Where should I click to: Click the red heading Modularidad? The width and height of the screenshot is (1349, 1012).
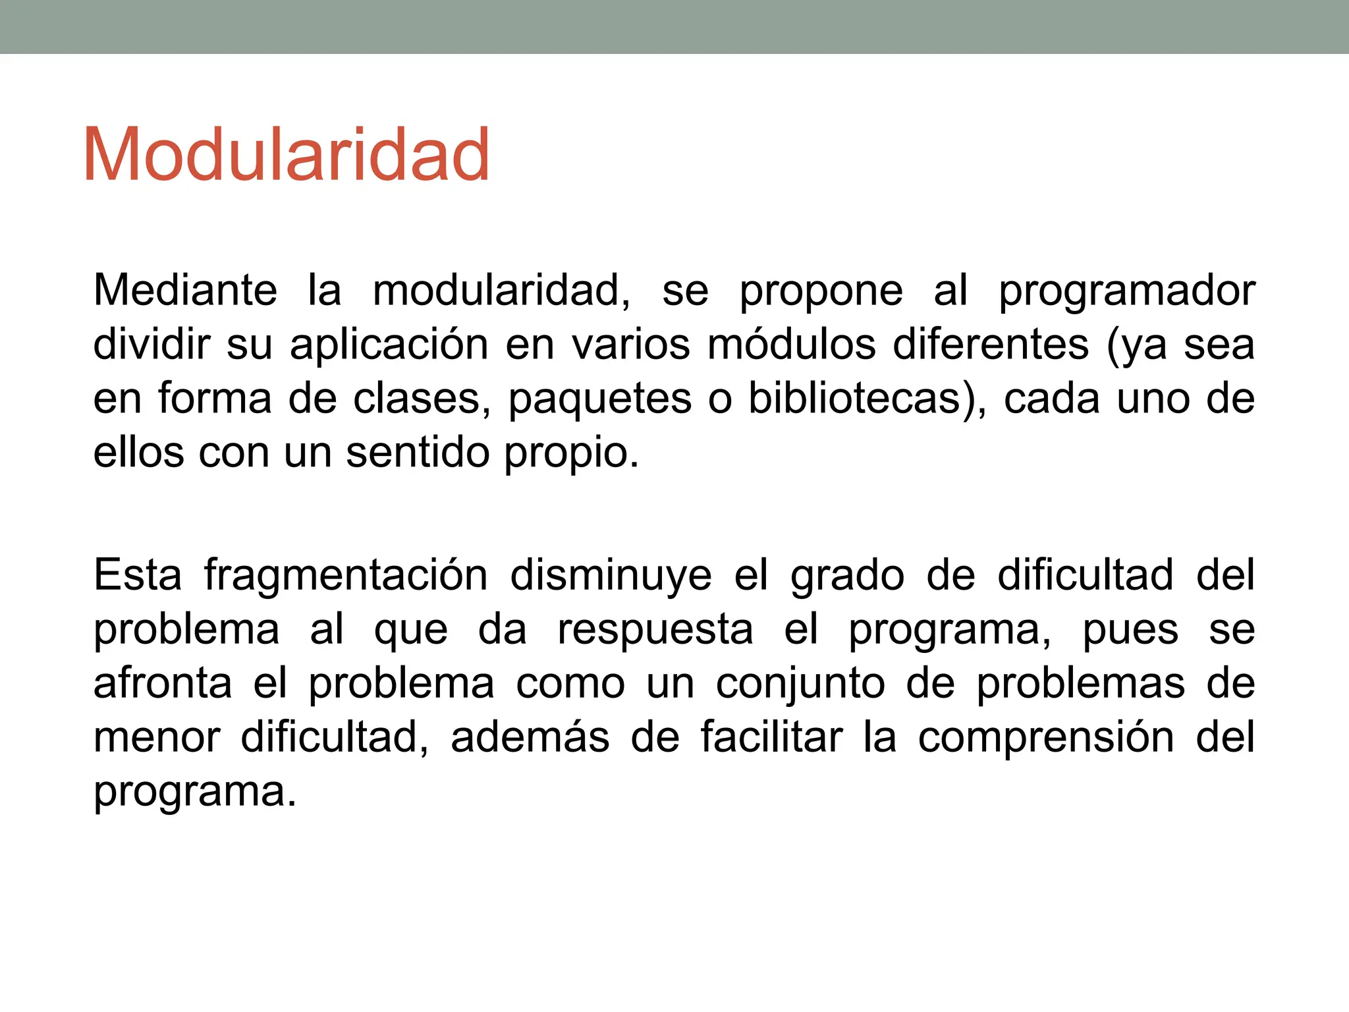(286, 155)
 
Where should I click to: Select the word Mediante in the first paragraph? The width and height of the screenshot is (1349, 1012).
(185, 290)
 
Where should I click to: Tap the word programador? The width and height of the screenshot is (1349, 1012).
(1126, 291)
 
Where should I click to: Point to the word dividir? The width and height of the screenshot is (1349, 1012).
(151, 344)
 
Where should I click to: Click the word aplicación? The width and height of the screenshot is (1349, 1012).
(389, 345)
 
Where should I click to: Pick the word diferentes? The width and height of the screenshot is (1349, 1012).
(991, 344)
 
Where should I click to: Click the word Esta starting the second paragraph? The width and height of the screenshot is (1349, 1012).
(138, 575)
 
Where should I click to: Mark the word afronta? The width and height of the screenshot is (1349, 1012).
(162, 683)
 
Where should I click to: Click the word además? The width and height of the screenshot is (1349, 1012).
(530, 737)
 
